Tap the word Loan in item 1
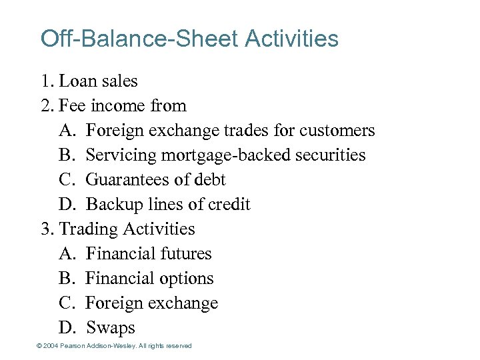tap(77, 81)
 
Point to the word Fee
tap(72, 106)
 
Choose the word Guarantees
tap(128, 180)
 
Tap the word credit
tap(228, 205)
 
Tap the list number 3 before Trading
tap(46, 229)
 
